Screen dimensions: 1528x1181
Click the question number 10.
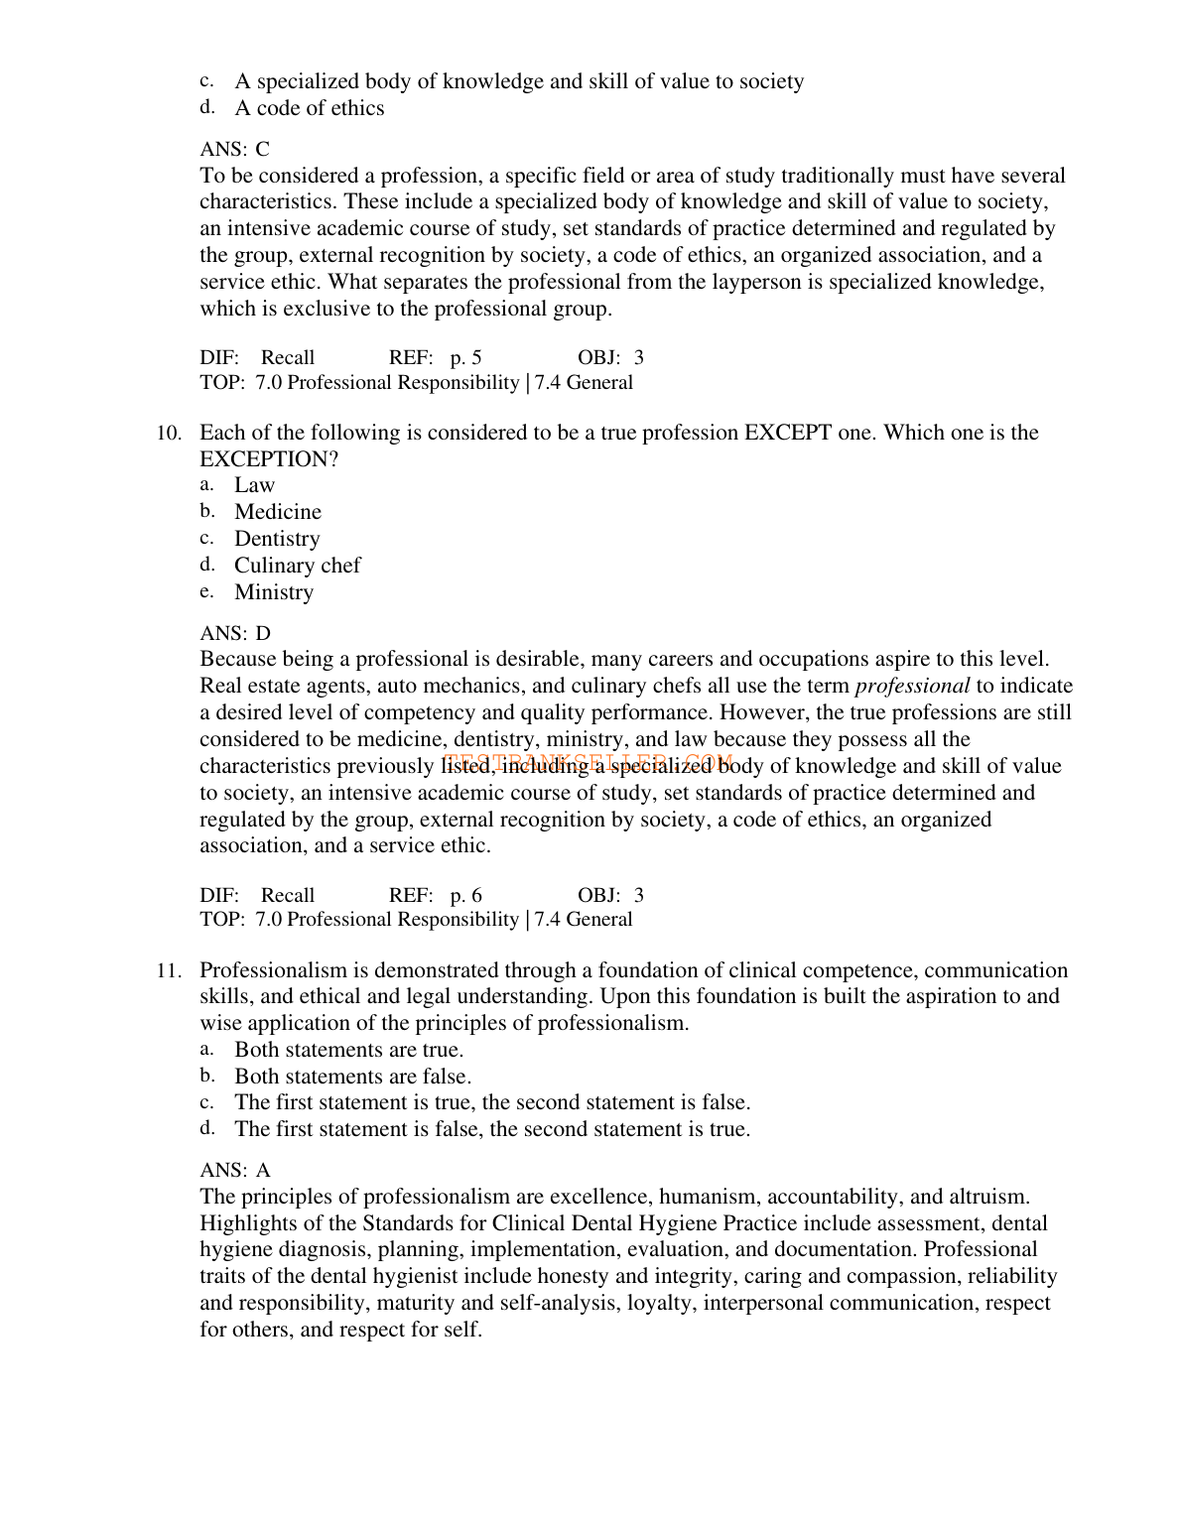pos(169,434)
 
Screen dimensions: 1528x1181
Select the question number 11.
pos(169,971)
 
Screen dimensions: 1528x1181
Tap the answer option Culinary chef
pos(297,566)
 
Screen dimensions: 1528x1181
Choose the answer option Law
pos(254,485)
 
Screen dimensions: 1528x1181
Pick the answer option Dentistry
pos(277,539)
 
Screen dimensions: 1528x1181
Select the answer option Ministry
pos(274,592)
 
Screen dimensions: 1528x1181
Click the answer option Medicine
pos(278,512)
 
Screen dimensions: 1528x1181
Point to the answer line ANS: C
pos(234,150)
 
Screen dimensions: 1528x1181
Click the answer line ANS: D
pos(235,634)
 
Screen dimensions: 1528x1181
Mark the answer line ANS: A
pos(235,1171)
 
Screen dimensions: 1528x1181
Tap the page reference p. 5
pos(465,358)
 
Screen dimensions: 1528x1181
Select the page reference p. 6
pos(465,896)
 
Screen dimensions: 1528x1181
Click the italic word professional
pos(912,687)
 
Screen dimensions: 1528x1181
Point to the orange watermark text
pos(589,762)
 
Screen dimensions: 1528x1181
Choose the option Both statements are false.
pos(352,1077)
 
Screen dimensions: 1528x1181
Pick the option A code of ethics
pos(309,108)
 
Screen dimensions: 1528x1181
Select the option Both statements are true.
pos(348,1050)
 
